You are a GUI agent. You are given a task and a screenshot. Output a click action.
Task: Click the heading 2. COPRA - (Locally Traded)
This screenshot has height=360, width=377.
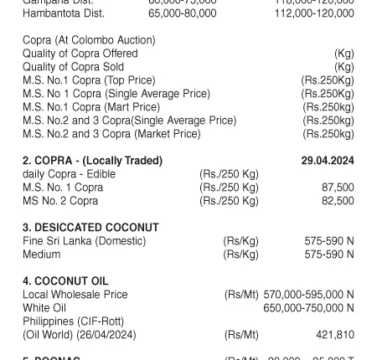93,160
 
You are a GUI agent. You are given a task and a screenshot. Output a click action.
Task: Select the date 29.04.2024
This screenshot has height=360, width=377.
328,160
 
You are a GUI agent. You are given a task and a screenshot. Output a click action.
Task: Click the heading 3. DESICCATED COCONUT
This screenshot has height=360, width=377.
90,228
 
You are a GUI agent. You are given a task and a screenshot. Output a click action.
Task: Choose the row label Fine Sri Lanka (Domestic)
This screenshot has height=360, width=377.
85,241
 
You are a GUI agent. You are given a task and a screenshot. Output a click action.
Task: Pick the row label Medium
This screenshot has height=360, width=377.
42,255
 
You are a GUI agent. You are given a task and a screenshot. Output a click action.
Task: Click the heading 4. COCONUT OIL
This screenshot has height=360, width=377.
65,281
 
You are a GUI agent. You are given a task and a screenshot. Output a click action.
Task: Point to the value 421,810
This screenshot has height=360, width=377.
335,335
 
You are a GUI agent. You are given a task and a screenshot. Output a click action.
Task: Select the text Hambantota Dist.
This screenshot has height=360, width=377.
64,13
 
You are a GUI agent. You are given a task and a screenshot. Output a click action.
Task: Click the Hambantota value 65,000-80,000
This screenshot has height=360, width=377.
182,13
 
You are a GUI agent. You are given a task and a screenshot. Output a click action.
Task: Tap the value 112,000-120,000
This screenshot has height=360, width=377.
314,13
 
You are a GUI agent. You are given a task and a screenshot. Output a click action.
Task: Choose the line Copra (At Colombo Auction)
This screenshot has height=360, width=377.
89,40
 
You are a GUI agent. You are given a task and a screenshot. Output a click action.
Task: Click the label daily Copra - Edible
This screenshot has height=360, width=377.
70,174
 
